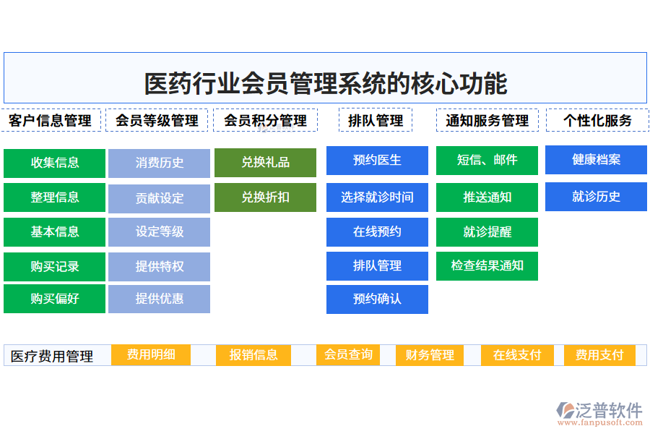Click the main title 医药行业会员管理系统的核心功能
click(x=325, y=83)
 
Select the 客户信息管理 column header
click(x=51, y=120)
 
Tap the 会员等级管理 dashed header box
click(x=157, y=120)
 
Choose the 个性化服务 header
click(x=597, y=120)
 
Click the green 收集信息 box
click(x=54, y=163)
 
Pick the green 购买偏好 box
click(x=54, y=299)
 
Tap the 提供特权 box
click(x=159, y=267)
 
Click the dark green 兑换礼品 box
click(x=265, y=163)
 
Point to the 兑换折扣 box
click(x=265, y=197)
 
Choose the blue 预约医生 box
click(x=377, y=161)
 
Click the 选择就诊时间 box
click(x=377, y=197)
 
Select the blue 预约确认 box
click(x=377, y=299)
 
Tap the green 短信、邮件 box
click(x=487, y=161)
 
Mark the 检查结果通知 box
click(x=487, y=266)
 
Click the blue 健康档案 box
click(x=596, y=160)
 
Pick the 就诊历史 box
click(x=596, y=197)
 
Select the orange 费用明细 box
click(x=152, y=354)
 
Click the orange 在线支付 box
click(x=517, y=355)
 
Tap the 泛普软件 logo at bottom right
click(x=599, y=412)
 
